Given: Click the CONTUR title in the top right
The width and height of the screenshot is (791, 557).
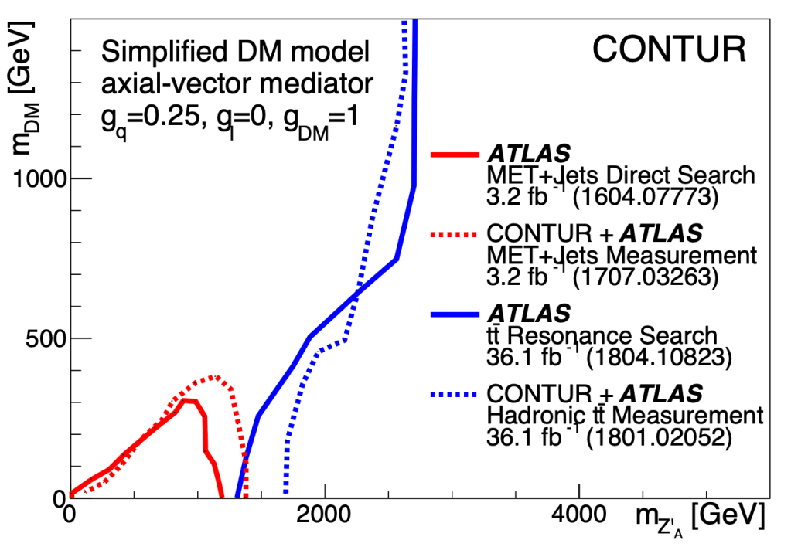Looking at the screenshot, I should point(669,49).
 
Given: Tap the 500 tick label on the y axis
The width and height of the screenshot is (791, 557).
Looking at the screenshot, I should point(45,338).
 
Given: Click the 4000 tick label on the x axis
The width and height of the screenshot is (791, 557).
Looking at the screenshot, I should point(579,515).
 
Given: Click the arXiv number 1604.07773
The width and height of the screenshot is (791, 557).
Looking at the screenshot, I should point(644,197).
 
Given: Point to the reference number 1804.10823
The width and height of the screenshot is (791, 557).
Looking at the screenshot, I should point(655,358).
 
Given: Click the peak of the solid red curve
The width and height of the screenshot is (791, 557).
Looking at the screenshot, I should point(186,399).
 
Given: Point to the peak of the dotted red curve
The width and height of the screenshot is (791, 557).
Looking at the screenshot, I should point(214,377).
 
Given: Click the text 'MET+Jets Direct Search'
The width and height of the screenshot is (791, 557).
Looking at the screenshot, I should point(620,175).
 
